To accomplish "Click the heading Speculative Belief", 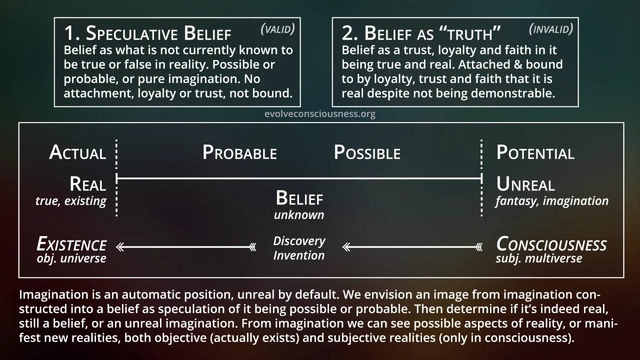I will point(147,33).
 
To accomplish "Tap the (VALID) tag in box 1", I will point(278,28).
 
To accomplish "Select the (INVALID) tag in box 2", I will point(551,28).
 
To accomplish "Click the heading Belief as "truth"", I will point(421,33).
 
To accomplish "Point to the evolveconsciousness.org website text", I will point(320,113).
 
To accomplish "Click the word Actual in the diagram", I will point(77,152).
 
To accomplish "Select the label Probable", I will point(239,152).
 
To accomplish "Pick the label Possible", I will point(367,152).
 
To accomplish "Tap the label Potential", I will point(535,152).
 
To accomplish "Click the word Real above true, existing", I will point(88,184).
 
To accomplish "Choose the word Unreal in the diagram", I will point(525,184).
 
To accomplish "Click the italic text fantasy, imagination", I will point(552,201).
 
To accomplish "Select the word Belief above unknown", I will point(299,198).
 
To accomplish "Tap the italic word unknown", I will point(299,215).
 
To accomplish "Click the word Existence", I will point(71,244).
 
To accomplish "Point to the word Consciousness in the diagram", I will point(551,244).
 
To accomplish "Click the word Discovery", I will point(299,241).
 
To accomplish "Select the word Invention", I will point(299,255).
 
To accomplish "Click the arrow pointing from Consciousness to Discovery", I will point(412,246).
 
